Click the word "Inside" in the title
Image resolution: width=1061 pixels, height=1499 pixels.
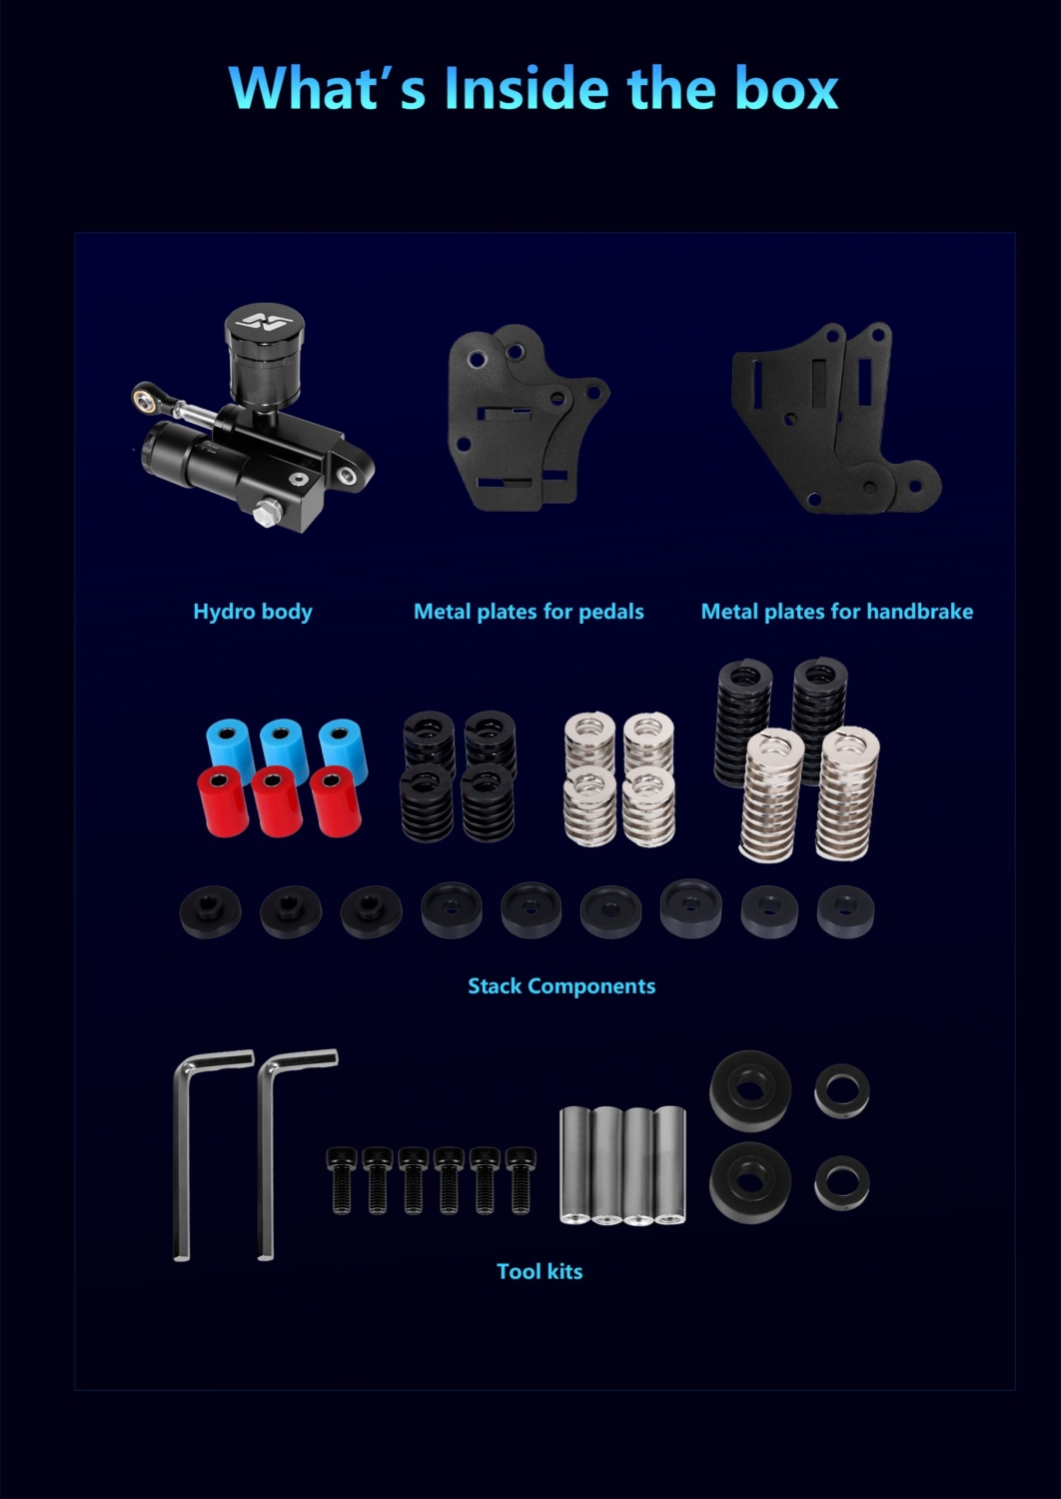point(527,88)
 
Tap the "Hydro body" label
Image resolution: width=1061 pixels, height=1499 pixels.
point(252,612)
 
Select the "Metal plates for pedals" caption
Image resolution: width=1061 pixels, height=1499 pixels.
point(529,612)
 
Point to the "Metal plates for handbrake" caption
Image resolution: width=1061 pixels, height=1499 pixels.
point(837,612)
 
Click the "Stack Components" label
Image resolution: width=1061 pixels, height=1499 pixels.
point(561,985)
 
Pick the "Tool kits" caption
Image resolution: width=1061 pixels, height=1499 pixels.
point(539,1271)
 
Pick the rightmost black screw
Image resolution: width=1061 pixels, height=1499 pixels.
point(520,1180)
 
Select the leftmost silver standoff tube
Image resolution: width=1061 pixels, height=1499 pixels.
point(574,1164)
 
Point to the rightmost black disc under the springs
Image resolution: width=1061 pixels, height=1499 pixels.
point(845,911)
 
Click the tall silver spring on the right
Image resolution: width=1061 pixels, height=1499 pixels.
point(847,793)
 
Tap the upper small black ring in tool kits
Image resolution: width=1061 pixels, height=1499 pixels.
point(841,1091)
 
